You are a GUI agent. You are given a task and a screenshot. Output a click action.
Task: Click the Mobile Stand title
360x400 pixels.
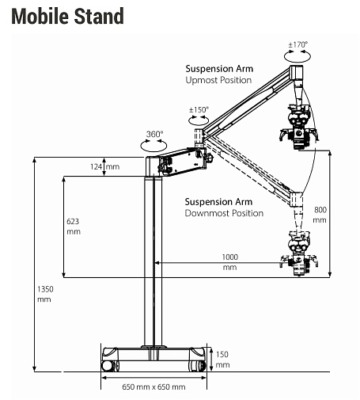click(67, 16)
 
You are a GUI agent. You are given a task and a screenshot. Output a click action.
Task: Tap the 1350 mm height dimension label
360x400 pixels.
click(45, 294)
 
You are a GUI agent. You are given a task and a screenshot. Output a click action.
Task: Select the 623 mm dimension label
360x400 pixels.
click(74, 227)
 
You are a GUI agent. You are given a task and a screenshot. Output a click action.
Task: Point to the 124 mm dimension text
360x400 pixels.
click(104, 166)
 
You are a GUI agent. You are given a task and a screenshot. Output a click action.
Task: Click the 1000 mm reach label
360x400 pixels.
click(230, 262)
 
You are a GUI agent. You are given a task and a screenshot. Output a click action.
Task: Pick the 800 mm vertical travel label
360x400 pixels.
click(320, 215)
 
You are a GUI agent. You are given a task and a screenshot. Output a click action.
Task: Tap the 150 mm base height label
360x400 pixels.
click(222, 360)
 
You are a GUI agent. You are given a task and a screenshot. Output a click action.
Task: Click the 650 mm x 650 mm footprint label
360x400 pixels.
click(153, 387)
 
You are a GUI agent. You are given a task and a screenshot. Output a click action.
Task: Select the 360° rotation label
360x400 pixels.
click(154, 134)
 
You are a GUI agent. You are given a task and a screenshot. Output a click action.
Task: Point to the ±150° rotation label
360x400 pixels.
click(199, 109)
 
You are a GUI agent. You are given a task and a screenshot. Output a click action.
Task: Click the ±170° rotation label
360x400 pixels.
click(298, 44)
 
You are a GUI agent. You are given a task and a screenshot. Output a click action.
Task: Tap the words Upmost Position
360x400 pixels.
click(218, 80)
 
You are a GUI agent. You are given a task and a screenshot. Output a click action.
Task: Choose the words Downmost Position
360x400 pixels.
click(224, 213)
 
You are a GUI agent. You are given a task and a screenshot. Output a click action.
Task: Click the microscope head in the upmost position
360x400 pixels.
click(299, 127)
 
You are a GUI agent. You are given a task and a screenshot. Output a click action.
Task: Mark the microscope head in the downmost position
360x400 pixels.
click(299, 253)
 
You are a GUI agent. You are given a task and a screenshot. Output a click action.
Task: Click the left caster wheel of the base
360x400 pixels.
click(109, 366)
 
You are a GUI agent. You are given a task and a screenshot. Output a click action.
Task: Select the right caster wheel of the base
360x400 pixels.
click(198, 366)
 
